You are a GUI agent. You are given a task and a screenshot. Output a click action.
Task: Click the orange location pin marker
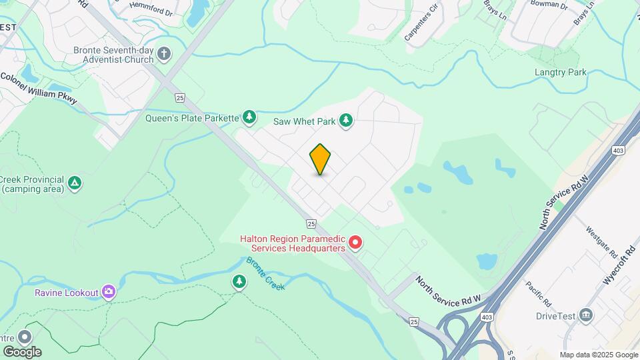point(320,159)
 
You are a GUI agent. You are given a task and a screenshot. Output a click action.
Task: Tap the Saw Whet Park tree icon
point(345,121)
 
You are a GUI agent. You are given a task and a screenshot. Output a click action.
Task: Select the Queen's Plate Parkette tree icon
point(249,118)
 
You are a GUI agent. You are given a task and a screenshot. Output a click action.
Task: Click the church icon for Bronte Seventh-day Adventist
point(165,54)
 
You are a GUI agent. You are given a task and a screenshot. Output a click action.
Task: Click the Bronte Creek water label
point(265,273)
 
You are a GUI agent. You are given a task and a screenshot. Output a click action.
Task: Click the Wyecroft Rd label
point(617,264)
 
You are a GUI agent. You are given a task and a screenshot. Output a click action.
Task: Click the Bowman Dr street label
point(548,5)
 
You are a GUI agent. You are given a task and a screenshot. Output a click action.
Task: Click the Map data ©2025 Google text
point(598,355)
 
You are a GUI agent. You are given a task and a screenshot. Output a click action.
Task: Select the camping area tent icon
point(75,183)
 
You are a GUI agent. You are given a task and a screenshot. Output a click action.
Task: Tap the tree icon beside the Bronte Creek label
point(239,282)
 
